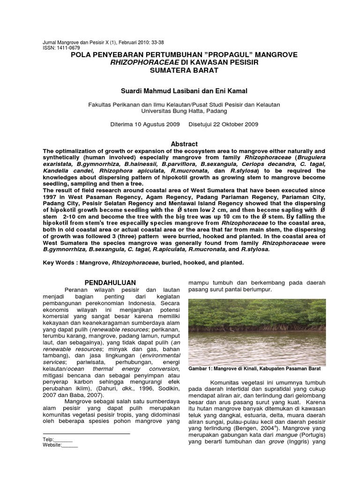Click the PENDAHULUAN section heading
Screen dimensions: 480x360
click(110, 282)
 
